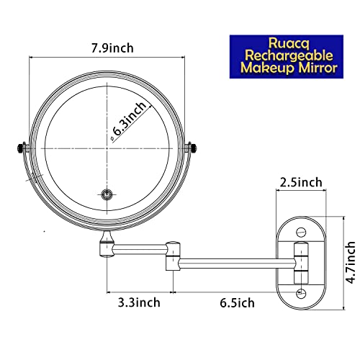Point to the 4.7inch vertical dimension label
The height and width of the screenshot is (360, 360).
[x=350, y=253]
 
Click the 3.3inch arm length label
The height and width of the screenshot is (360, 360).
[x=140, y=302]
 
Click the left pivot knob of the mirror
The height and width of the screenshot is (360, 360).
[x=19, y=149]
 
